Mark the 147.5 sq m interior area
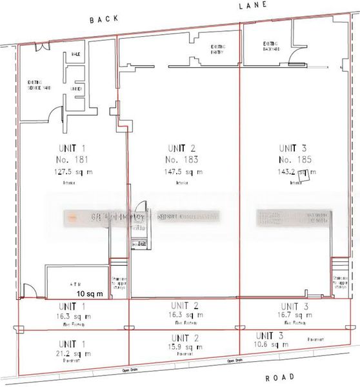pyautogui.click(x=181, y=172)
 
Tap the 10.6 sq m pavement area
pyautogui.click(x=272, y=345)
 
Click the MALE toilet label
pyautogui.click(x=75, y=54)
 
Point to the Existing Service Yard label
pyautogui.click(x=38, y=85)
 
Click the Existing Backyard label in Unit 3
pyautogui.click(x=270, y=46)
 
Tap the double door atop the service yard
pyautogui.click(x=43, y=46)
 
